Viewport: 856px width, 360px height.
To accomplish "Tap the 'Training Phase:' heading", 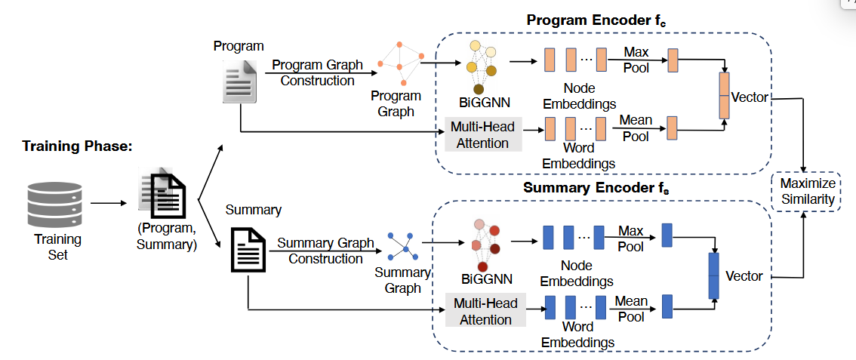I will pyautogui.click(x=77, y=146).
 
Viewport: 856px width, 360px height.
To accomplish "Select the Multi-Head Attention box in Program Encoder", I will pyautogui.click(x=483, y=135).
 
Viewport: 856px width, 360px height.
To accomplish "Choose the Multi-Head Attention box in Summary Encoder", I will pyautogui.click(x=485, y=311).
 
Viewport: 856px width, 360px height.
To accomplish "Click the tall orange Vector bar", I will pyautogui.click(x=725, y=96).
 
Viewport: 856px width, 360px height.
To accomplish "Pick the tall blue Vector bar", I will pyautogui.click(x=713, y=275).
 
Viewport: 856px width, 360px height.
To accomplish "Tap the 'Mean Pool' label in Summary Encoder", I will pyautogui.click(x=630, y=309).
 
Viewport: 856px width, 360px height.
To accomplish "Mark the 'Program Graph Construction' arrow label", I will pyautogui.click(x=317, y=72).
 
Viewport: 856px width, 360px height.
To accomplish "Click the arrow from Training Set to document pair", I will pyautogui.click(x=110, y=202).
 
